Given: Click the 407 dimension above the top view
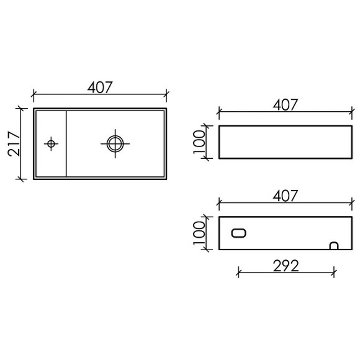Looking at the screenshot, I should coord(99,88).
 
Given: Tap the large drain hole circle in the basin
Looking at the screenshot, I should coord(115,143).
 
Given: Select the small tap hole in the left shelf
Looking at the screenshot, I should coord(51,144).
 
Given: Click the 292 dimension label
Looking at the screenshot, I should coord(286,266).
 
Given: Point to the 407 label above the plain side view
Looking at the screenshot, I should coord(286,105).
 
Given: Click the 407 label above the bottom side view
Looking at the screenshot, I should coord(286,196).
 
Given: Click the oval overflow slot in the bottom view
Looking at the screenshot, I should coord(239,233).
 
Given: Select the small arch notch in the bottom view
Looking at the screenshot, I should coord(334,246).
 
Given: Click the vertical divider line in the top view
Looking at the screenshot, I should coord(66,143).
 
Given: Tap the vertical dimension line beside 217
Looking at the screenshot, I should coord(23,143).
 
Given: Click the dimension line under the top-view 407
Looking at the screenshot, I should coord(99,95).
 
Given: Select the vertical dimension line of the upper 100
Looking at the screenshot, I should coord(210,142).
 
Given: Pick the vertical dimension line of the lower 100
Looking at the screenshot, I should coord(210,233).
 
